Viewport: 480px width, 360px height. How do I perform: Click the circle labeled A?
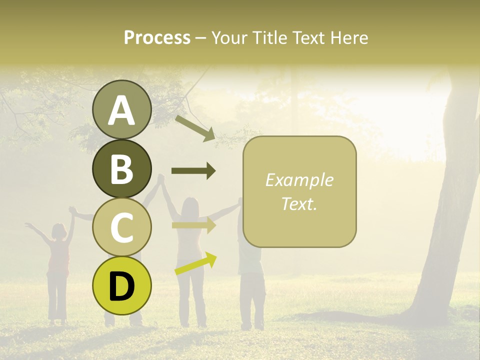(x=121, y=109)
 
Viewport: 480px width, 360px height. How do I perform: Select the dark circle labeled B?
(x=121, y=168)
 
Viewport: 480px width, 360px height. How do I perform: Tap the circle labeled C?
(x=121, y=227)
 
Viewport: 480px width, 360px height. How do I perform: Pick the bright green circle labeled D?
(x=121, y=285)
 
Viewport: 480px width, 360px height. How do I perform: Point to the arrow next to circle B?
(x=193, y=171)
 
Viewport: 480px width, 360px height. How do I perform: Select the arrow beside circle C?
(x=193, y=225)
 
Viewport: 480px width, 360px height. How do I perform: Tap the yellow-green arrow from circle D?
(x=195, y=263)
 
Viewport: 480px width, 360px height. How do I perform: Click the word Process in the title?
(x=157, y=37)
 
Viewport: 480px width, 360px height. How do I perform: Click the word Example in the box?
(x=299, y=180)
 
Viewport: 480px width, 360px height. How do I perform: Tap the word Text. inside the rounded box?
(x=299, y=203)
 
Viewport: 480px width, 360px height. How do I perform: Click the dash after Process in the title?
(x=200, y=38)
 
